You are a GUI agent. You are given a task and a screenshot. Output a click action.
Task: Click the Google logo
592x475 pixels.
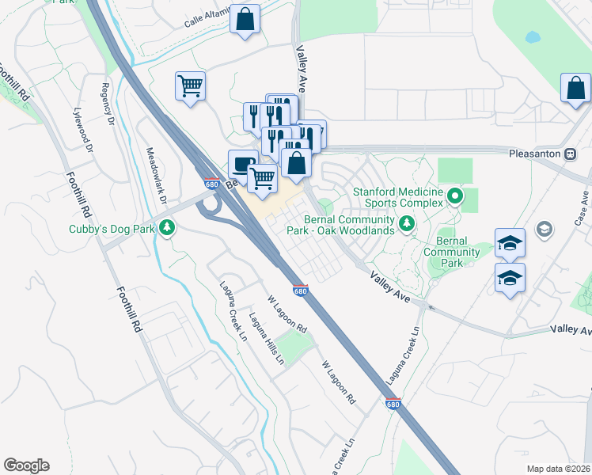point(26,465)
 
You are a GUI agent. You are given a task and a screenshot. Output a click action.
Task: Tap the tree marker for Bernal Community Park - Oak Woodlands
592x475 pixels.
point(407,225)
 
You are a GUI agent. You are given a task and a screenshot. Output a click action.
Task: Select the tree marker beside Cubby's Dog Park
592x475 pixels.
point(166,229)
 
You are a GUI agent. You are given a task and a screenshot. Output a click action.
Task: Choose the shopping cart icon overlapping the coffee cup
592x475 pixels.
point(263,177)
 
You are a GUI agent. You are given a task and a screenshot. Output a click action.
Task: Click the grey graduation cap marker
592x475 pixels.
point(544,230)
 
